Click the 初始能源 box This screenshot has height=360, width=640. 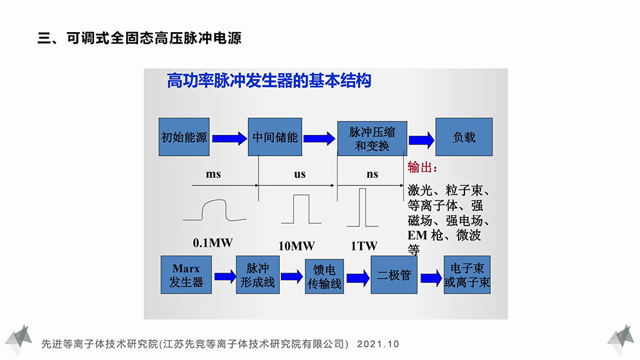point(185,137)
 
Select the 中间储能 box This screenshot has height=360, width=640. point(275,137)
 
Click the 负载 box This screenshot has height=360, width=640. point(464,137)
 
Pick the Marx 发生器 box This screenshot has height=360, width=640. point(186,274)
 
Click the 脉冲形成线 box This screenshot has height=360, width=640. point(258,274)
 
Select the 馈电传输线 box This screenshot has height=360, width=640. point(324,276)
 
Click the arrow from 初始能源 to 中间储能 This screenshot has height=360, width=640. point(229,138)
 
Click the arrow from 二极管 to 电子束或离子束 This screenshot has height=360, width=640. point(431,277)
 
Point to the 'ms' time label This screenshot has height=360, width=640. point(213,174)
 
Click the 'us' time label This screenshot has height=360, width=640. point(300,174)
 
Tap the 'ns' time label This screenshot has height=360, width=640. point(372,174)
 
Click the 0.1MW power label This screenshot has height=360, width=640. point(212,244)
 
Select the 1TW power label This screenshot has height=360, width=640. point(364,246)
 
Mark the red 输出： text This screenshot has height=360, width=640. point(423,168)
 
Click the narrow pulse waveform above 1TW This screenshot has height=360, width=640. point(363,208)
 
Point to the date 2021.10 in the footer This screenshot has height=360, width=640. point(378,344)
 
